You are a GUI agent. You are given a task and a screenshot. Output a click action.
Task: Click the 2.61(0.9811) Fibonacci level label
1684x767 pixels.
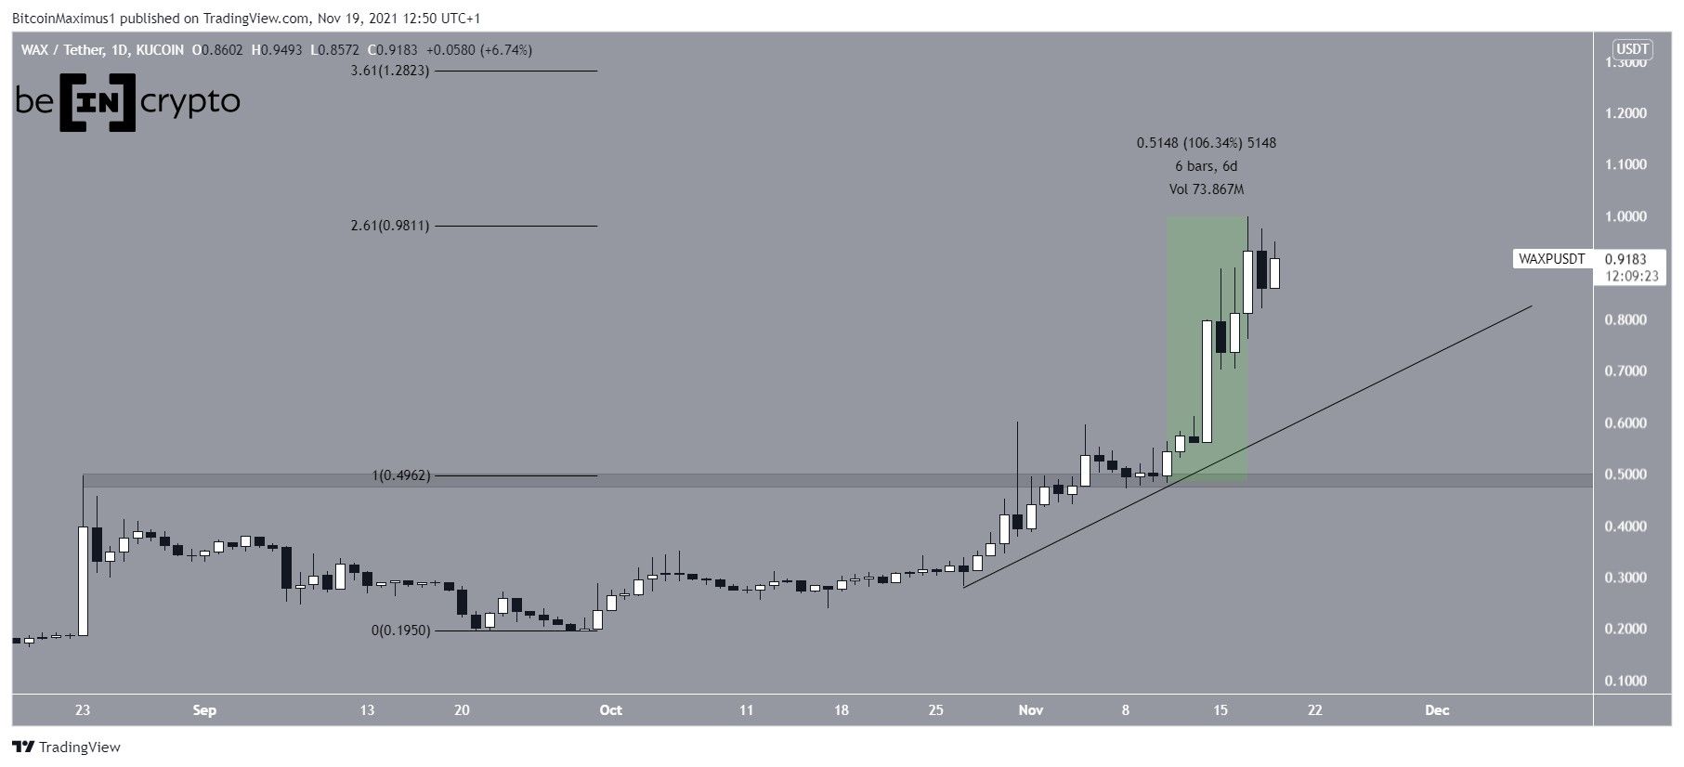pos(390,226)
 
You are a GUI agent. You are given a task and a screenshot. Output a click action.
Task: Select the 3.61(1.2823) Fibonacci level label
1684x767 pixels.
pos(390,71)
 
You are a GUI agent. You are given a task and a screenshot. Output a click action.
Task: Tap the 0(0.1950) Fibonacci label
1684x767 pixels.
pos(401,630)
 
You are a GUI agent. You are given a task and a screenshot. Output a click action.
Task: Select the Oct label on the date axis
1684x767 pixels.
pos(610,710)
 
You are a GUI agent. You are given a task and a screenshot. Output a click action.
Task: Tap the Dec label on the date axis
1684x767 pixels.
pos(1437,710)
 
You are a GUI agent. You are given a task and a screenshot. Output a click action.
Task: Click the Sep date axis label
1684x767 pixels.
pos(204,710)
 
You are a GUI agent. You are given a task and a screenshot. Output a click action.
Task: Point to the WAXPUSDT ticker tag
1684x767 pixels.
pos(1551,259)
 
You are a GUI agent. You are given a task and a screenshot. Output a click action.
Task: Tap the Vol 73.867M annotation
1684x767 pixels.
pos(1206,189)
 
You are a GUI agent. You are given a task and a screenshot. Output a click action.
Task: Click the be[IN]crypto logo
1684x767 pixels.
pos(127,102)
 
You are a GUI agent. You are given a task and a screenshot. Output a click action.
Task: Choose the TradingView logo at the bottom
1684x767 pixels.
pos(67,747)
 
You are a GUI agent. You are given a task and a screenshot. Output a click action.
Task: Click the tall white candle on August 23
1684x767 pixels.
pos(83,580)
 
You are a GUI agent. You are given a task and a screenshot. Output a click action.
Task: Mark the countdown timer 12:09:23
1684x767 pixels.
pos(1631,276)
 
